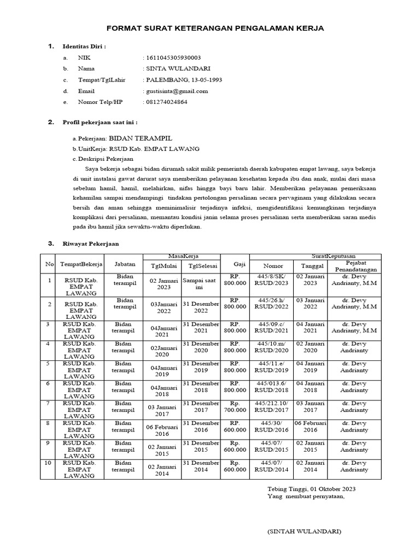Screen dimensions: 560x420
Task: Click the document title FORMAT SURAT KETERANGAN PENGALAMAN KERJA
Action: tap(214, 28)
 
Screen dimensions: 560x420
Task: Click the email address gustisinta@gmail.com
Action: tap(176, 91)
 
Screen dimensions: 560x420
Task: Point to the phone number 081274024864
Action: tap(166, 102)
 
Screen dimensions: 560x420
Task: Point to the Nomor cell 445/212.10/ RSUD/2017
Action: tap(272, 407)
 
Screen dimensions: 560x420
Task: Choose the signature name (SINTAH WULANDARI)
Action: tap(304, 532)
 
